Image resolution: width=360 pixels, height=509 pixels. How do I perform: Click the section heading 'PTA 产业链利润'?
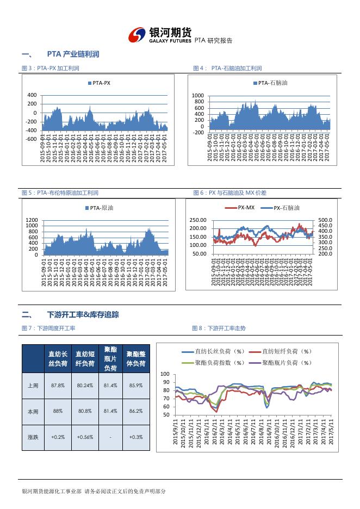tap(73, 54)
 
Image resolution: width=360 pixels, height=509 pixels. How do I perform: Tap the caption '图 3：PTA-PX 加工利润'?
tap(50, 69)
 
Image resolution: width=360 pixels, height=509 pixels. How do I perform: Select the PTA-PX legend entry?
tap(99, 83)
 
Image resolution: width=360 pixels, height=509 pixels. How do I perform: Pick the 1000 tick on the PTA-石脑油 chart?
tap(197, 95)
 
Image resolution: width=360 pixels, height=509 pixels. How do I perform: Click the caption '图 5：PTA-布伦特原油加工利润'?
tap(60, 193)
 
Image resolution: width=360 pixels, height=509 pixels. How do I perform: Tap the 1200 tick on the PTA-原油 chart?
tap(32, 219)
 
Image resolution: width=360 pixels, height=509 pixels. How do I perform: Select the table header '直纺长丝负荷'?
tap(58, 359)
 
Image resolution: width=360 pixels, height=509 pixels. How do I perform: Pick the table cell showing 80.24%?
tap(84, 385)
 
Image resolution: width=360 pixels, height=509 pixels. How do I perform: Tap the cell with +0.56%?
tap(84, 437)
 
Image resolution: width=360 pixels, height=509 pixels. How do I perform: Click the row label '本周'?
tap(33, 411)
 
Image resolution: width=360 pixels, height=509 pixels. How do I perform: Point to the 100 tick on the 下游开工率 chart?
tap(166, 375)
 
